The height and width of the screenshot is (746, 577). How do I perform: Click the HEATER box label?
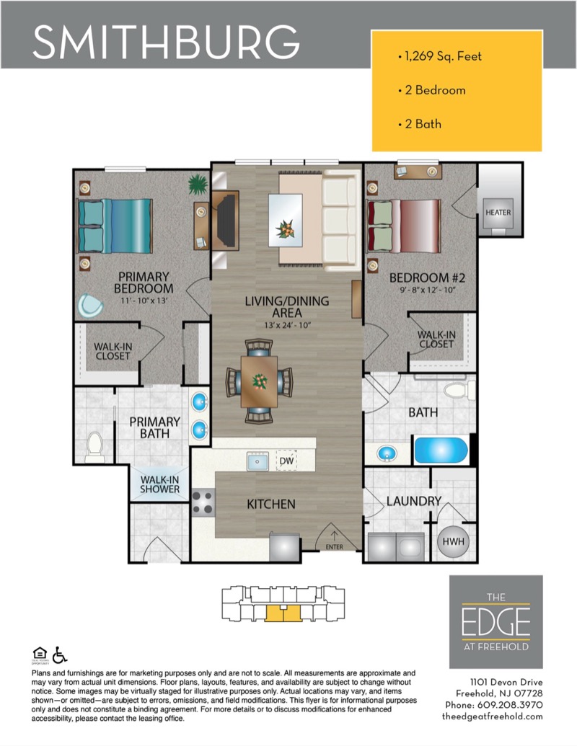[498, 213]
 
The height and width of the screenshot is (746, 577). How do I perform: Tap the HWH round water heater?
[453, 541]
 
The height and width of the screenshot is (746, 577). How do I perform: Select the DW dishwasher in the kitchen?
[286, 461]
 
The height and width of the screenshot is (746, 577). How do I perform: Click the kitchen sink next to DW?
[257, 461]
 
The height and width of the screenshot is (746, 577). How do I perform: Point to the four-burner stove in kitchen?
[203, 502]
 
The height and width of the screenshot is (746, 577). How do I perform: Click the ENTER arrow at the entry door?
[334, 537]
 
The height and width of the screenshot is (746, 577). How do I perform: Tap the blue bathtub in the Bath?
[441, 450]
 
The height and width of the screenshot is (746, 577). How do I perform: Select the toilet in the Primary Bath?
[94, 447]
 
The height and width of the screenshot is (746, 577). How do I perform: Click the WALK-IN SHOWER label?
[160, 484]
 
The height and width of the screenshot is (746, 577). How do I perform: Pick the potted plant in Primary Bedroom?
[198, 185]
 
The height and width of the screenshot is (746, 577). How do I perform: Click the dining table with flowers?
[259, 381]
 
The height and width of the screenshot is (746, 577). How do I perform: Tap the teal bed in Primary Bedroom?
[115, 226]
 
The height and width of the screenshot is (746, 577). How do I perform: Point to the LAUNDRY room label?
[414, 501]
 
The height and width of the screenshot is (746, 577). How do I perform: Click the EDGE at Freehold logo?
[496, 622]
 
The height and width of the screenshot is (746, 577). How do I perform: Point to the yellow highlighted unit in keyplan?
[283, 613]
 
